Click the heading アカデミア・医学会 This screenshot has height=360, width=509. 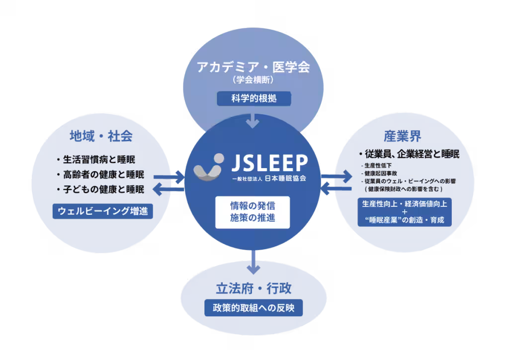(x=253, y=67)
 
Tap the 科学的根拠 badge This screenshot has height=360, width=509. (x=254, y=98)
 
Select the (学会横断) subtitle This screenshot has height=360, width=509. (x=253, y=80)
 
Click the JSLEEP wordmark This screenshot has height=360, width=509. (x=269, y=163)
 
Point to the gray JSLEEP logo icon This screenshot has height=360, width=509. (x=209, y=167)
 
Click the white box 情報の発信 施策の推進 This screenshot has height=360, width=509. (x=253, y=212)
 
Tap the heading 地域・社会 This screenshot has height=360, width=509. (x=101, y=136)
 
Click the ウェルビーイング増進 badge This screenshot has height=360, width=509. (x=102, y=211)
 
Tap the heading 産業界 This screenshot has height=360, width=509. (x=403, y=136)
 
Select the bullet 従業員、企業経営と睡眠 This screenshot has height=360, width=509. (x=410, y=154)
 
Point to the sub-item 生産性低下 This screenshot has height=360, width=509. (x=377, y=165)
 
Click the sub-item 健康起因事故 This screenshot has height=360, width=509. (x=379, y=173)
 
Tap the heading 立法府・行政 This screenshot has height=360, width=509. (x=254, y=288)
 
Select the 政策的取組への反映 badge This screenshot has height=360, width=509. (x=254, y=308)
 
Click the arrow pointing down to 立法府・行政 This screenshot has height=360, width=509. (x=253, y=262)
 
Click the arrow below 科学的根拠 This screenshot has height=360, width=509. (x=253, y=121)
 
